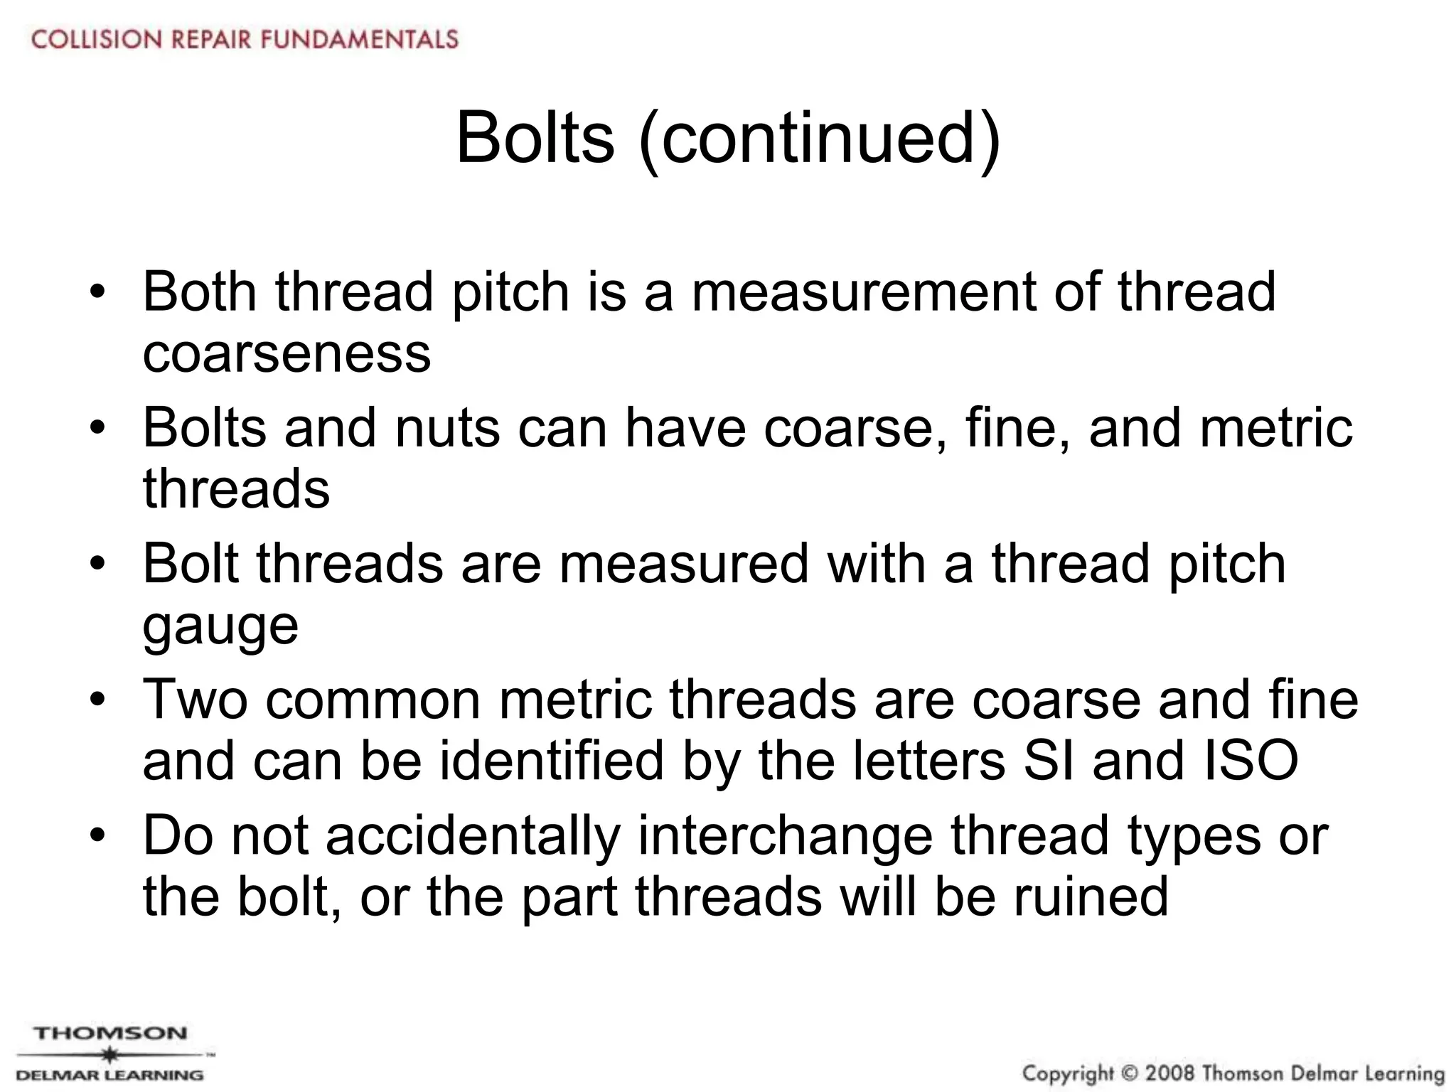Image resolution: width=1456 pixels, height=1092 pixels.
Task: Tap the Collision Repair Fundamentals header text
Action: (x=245, y=38)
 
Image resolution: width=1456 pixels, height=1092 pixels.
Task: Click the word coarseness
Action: (x=287, y=354)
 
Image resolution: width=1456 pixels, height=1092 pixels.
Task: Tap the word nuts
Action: (x=447, y=429)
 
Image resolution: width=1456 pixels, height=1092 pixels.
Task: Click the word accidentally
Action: (x=473, y=836)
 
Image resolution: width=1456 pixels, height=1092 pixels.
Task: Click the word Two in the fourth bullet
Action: (x=196, y=700)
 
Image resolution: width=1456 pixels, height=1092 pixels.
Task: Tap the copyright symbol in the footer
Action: (x=1130, y=1073)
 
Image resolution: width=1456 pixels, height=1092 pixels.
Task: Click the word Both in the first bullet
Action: (x=200, y=292)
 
